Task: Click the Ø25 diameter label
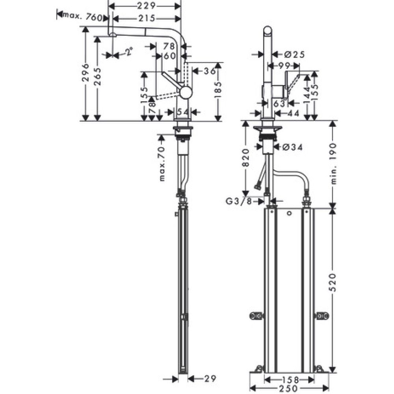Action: click(x=294, y=55)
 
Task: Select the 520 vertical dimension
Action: click(x=333, y=282)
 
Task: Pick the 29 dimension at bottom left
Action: click(x=210, y=379)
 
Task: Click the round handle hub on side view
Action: click(x=186, y=92)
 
